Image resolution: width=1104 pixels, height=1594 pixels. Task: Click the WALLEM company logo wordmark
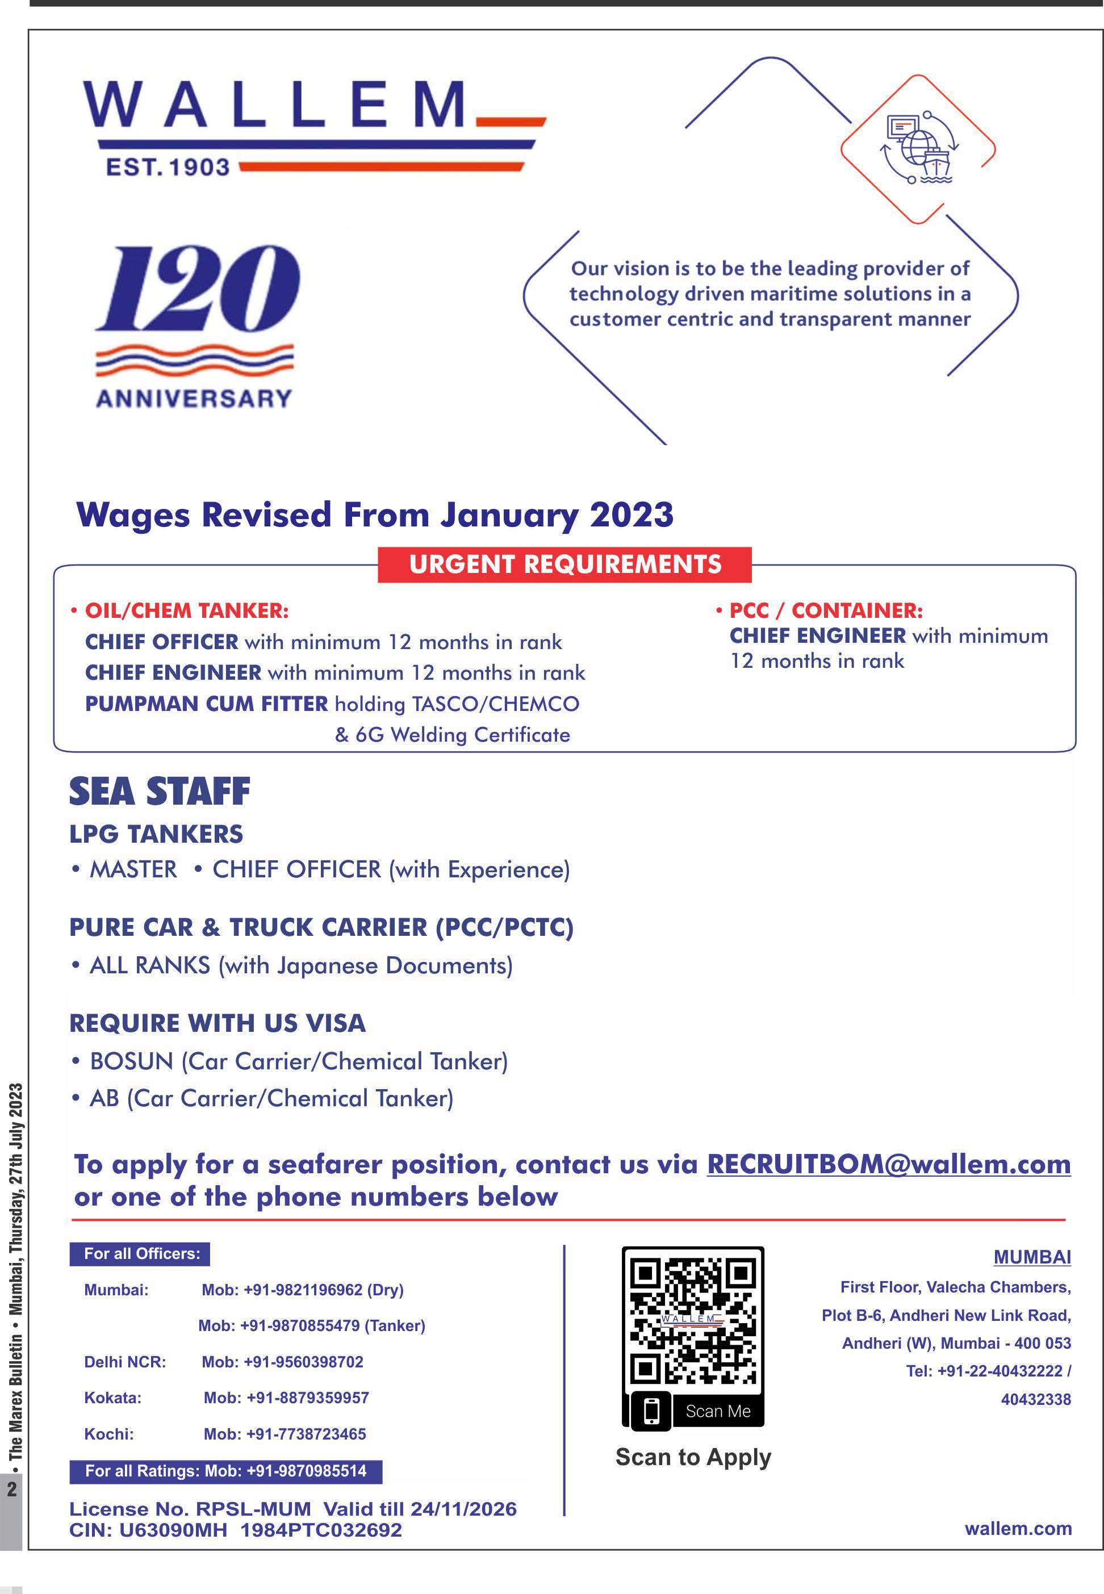tap(277, 104)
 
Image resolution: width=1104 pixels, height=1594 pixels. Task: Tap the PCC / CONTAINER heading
tap(825, 610)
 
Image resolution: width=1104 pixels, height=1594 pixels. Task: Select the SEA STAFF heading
tap(160, 792)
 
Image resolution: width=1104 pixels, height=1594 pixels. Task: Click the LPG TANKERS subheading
tap(156, 834)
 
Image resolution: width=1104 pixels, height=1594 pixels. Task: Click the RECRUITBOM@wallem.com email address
tap(888, 1165)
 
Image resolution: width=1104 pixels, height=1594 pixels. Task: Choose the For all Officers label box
tap(140, 1254)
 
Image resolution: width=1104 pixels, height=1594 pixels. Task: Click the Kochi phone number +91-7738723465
tap(285, 1433)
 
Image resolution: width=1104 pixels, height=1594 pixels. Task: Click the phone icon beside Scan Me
tap(651, 1411)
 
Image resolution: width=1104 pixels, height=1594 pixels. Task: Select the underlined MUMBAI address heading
tap(1031, 1257)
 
